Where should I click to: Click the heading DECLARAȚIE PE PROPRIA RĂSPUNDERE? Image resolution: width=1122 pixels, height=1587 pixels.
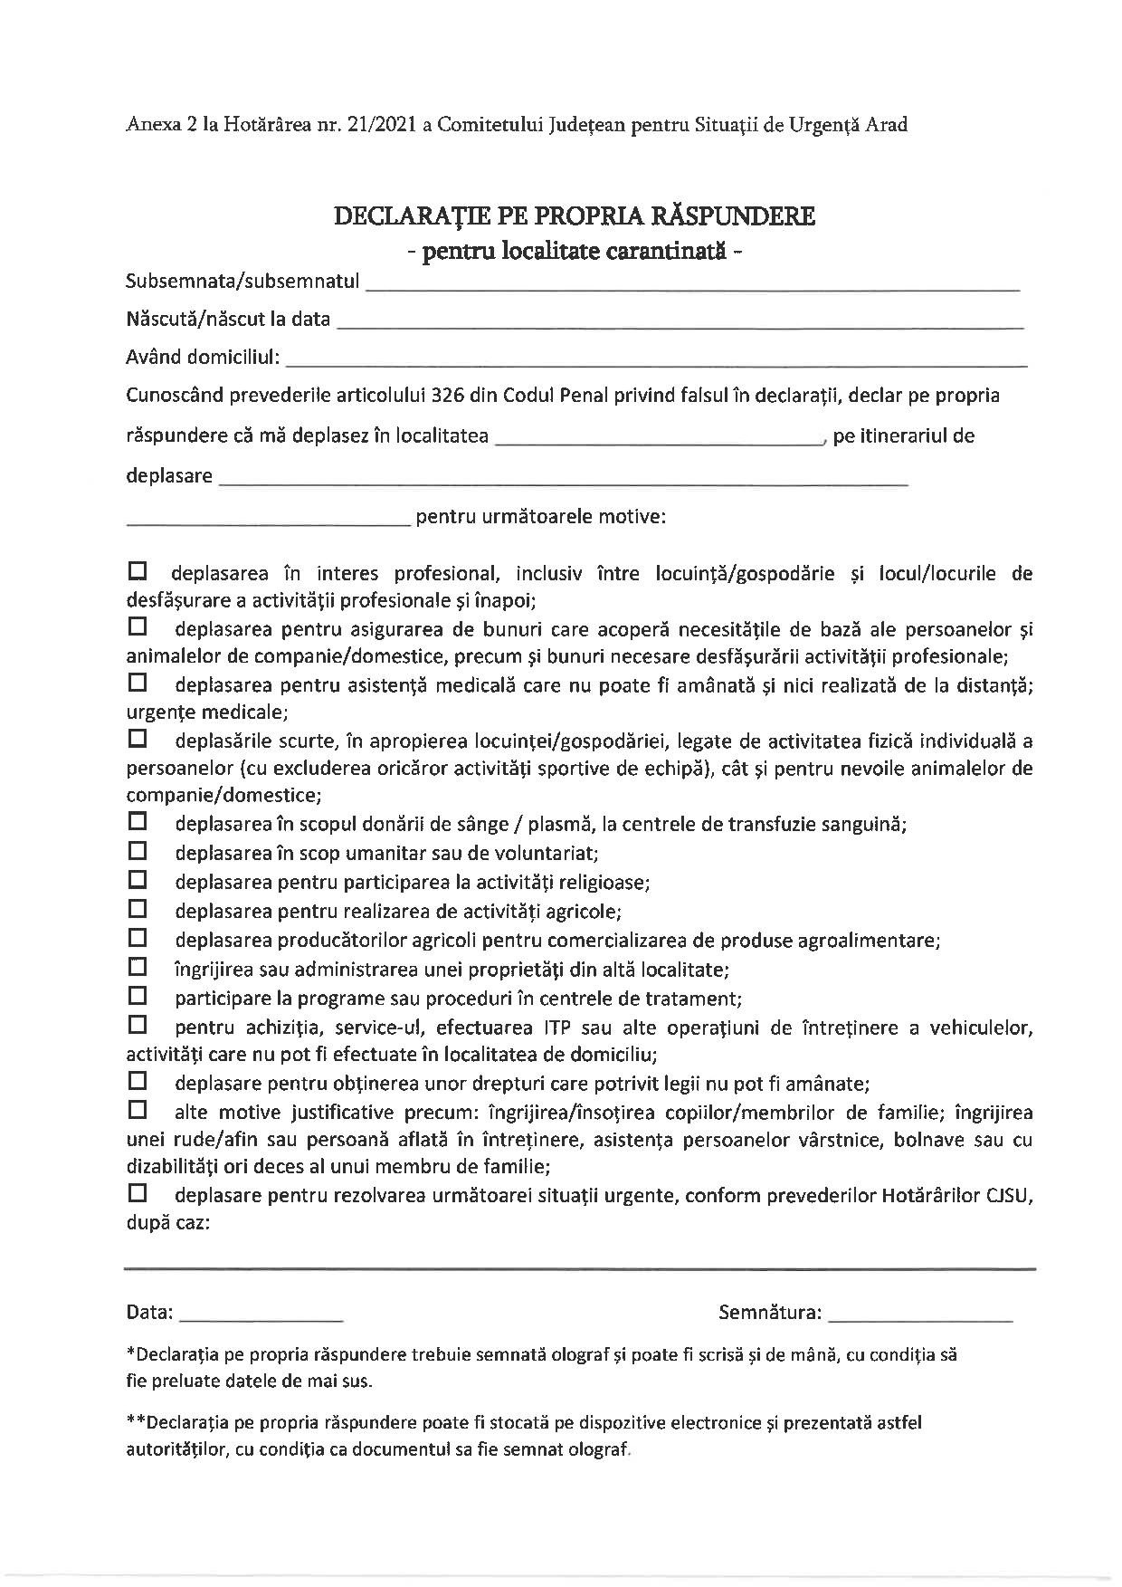tap(575, 216)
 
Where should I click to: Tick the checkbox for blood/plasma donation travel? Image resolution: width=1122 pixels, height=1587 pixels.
tap(138, 822)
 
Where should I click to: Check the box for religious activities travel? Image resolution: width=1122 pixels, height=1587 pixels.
tap(138, 879)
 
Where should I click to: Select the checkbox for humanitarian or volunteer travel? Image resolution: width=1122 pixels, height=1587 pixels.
tap(138, 851)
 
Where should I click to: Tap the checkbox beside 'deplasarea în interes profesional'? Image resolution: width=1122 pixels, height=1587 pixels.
tap(138, 572)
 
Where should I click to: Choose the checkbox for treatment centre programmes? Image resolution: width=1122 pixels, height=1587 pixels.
tap(138, 996)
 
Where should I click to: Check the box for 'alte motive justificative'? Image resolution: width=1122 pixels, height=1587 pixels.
tap(138, 1109)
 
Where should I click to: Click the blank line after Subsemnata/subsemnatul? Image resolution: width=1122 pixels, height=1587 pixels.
tap(692, 286)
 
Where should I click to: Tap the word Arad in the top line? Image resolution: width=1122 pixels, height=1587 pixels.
tap(886, 125)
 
